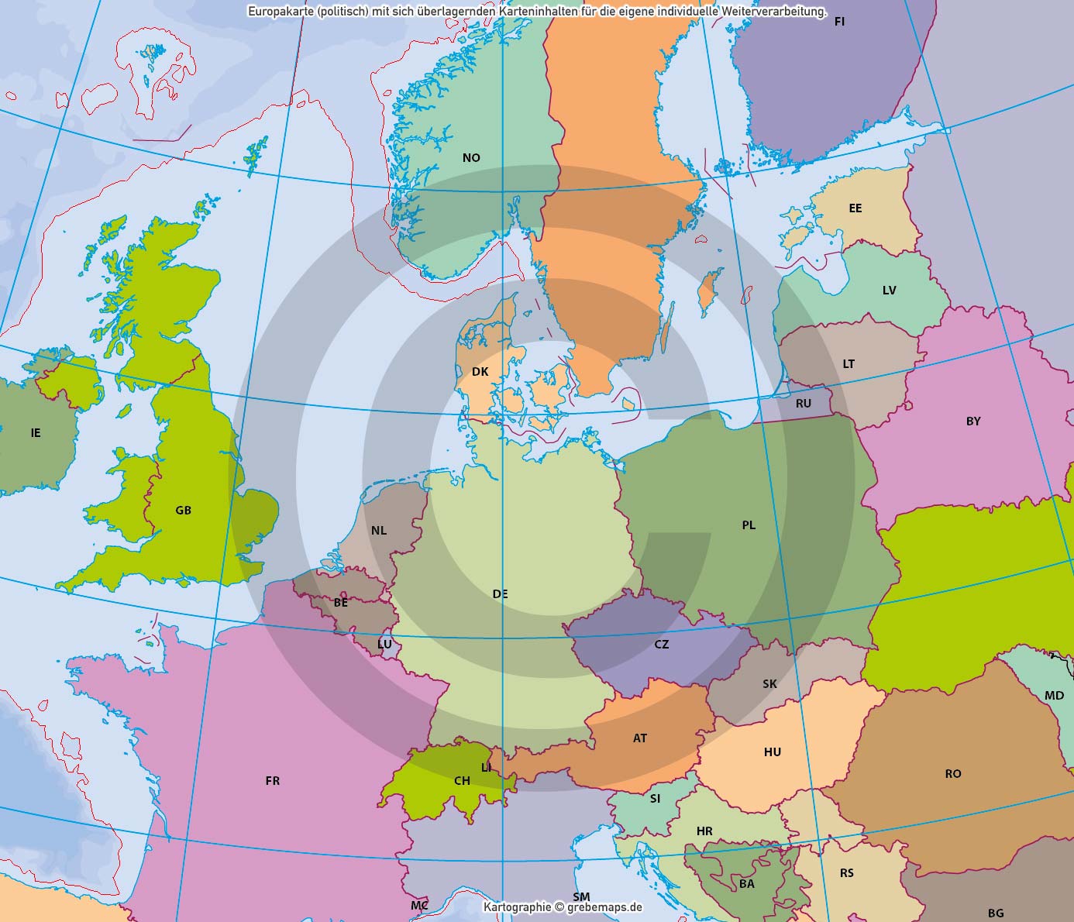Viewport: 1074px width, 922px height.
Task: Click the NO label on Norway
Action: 471,158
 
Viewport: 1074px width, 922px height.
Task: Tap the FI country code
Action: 839,22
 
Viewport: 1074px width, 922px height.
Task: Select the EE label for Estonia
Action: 855,208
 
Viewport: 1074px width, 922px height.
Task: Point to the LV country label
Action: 889,291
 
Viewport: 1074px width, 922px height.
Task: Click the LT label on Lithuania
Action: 849,364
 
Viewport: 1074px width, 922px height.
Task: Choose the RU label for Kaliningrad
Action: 804,404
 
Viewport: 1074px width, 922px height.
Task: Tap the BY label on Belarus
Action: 973,421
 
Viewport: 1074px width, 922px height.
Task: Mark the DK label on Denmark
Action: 480,372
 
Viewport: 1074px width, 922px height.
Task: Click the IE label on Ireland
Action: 36,433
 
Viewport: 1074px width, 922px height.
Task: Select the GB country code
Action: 183,511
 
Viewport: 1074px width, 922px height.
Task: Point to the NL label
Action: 379,531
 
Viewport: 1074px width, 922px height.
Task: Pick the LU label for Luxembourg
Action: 384,645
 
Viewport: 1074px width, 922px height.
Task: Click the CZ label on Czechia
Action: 661,645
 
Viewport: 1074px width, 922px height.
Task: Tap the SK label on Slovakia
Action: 769,684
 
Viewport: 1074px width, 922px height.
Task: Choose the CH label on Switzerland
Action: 462,781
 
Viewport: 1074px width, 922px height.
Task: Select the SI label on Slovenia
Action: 656,799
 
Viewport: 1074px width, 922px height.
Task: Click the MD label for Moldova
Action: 1054,696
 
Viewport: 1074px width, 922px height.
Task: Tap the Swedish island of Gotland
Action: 707,294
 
